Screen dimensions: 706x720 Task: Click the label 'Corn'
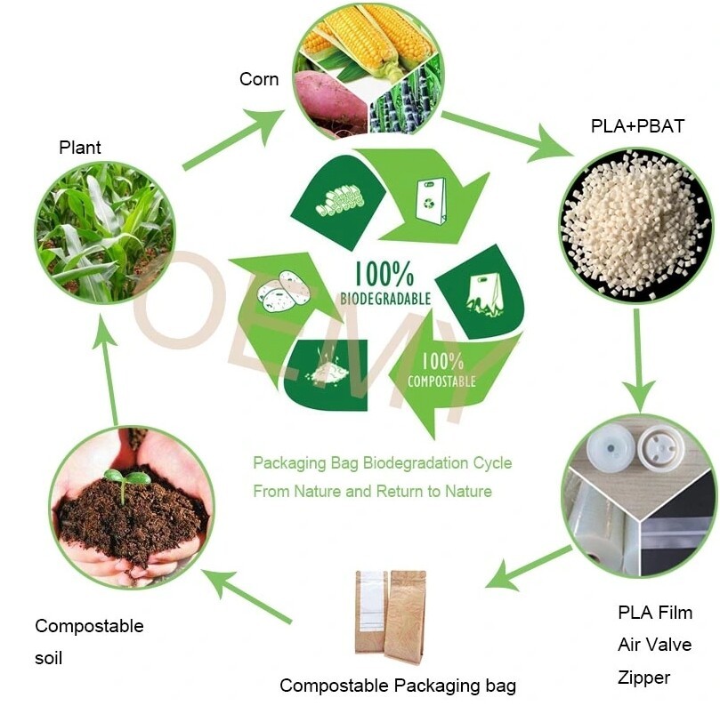(258, 79)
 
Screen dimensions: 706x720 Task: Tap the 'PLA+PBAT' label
(637, 125)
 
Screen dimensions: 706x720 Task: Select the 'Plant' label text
(80, 147)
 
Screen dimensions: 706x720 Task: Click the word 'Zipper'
(643, 678)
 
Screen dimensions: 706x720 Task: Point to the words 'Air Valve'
(654, 645)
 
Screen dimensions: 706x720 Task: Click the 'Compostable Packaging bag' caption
(398, 686)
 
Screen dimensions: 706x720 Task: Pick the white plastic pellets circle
(636, 224)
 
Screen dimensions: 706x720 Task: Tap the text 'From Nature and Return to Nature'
(372, 491)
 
